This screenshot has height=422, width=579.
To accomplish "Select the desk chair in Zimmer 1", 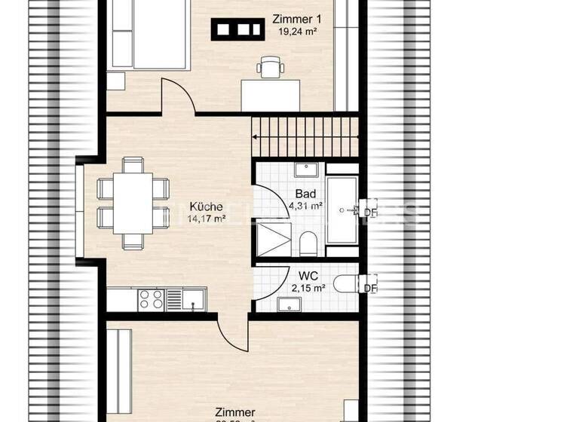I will (x=269, y=67).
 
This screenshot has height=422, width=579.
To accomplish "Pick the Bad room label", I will (x=305, y=194).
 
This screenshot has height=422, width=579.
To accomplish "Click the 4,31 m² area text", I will (x=305, y=205).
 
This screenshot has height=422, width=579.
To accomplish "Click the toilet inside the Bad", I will (x=308, y=243).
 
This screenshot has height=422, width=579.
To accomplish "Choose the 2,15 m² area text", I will (x=309, y=287).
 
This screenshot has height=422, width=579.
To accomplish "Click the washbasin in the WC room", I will (x=289, y=304).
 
